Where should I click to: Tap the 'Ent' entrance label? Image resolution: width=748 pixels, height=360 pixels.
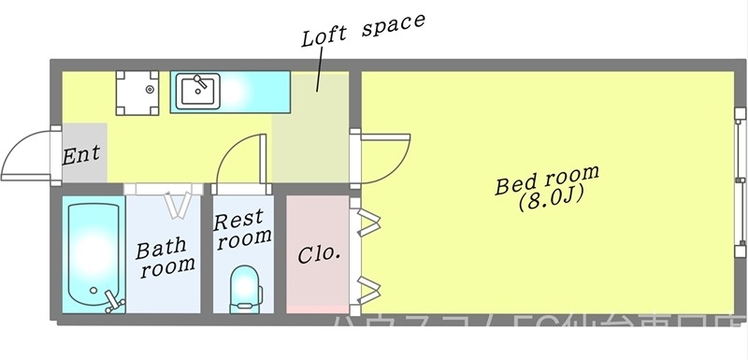click(x=81, y=154)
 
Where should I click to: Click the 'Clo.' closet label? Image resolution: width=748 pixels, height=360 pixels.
click(x=318, y=253)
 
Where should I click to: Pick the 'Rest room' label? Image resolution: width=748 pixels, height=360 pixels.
click(x=242, y=229)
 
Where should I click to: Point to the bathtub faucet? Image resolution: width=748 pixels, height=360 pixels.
click(x=113, y=301)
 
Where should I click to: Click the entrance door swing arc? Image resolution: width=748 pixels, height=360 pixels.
click(x=26, y=154)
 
